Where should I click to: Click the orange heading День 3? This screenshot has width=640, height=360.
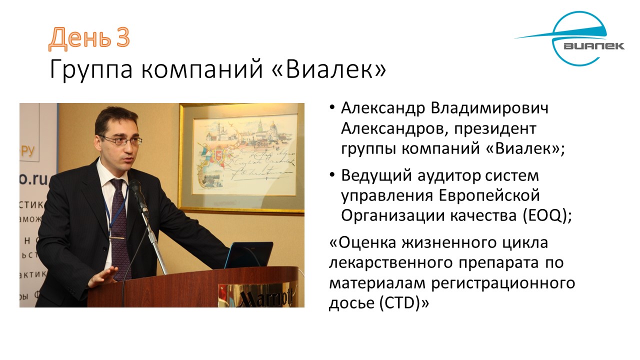[x=89, y=38]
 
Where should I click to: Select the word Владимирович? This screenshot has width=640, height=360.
[x=489, y=108]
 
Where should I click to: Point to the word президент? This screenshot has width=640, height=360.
[x=495, y=129]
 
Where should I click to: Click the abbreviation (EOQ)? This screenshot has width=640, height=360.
[x=547, y=215]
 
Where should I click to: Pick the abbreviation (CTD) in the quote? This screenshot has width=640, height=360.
[x=404, y=303]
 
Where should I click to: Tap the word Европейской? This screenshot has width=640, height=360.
[x=489, y=196]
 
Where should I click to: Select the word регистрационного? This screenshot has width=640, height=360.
[x=503, y=283]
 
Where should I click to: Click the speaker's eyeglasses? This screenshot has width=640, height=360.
[x=121, y=140]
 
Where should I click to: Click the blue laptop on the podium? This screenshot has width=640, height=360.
[x=248, y=255]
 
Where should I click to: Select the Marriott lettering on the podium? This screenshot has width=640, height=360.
[x=265, y=297]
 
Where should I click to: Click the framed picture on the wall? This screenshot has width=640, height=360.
[x=241, y=159]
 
